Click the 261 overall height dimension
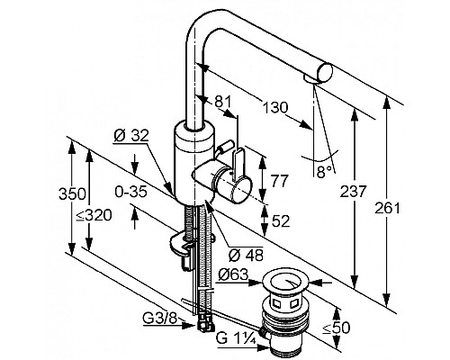(387, 208)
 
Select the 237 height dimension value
(353, 192)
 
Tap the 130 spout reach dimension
(274, 107)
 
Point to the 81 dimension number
(223, 102)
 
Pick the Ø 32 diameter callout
(131, 136)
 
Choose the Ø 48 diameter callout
(246, 255)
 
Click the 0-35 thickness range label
(131, 192)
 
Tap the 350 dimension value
(72, 193)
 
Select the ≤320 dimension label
(94, 215)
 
